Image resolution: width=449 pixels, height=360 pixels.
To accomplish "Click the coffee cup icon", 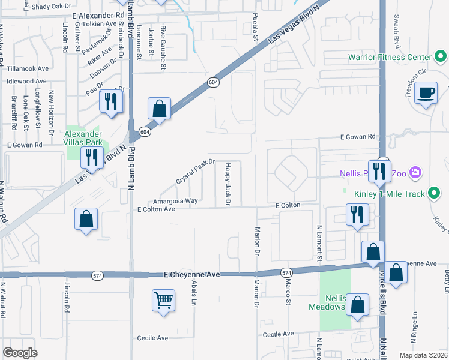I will coord(426,93).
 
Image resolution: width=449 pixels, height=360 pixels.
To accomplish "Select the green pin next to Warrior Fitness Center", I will coord(440,58).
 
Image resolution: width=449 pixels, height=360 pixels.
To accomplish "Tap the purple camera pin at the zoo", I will coord(415,173).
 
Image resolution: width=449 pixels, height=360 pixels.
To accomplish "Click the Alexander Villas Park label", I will coord(83,138).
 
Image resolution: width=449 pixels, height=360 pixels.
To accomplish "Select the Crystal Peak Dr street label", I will coord(195,171).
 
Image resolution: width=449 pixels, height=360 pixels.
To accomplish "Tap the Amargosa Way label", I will coord(175,201).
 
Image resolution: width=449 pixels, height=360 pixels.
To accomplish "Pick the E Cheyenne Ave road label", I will coord(192,274).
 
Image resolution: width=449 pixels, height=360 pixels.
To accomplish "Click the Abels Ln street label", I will coord(194,291).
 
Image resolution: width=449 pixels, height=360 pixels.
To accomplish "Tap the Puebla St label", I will coord(256,28).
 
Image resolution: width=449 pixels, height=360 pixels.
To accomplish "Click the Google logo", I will coord(20,353).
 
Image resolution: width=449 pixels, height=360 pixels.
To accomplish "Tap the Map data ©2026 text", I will coord(423,355).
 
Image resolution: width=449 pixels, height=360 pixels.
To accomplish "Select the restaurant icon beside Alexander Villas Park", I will coord(91,157).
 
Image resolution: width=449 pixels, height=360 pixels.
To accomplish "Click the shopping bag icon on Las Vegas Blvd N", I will coord(159,109).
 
